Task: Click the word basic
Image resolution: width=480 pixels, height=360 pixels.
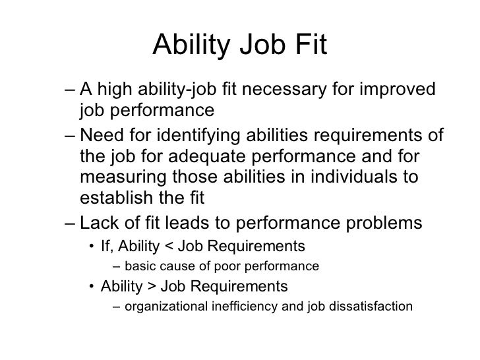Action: (140, 267)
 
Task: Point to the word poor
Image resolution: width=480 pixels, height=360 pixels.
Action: (228, 267)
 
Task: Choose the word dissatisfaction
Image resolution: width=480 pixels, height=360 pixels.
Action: (375, 307)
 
